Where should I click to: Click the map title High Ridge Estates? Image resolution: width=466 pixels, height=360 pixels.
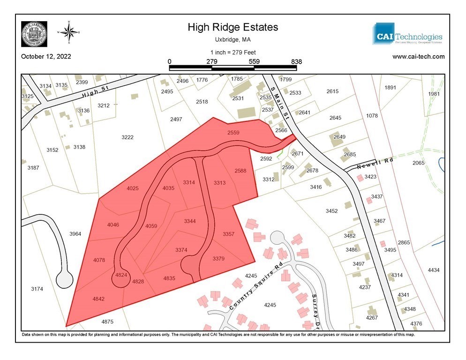(233, 27)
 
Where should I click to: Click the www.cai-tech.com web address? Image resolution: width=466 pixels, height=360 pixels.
(418, 57)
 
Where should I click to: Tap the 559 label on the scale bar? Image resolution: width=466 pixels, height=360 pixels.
(254, 61)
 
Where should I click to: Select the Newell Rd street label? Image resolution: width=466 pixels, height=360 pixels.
(374, 163)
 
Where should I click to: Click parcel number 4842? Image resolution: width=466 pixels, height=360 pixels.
(98, 299)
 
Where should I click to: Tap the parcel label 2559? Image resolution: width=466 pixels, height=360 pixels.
(233, 133)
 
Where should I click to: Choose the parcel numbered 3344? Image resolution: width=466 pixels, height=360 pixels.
(189, 221)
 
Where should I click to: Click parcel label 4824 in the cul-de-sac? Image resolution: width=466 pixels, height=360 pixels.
(121, 275)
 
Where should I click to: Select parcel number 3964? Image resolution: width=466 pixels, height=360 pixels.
(75, 233)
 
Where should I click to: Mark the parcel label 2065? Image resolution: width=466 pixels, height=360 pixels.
(418, 163)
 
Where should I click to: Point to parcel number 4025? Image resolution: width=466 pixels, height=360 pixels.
(133, 188)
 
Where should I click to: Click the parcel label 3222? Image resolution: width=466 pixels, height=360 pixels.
(128, 137)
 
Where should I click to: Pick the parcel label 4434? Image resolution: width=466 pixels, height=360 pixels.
(434, 270)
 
